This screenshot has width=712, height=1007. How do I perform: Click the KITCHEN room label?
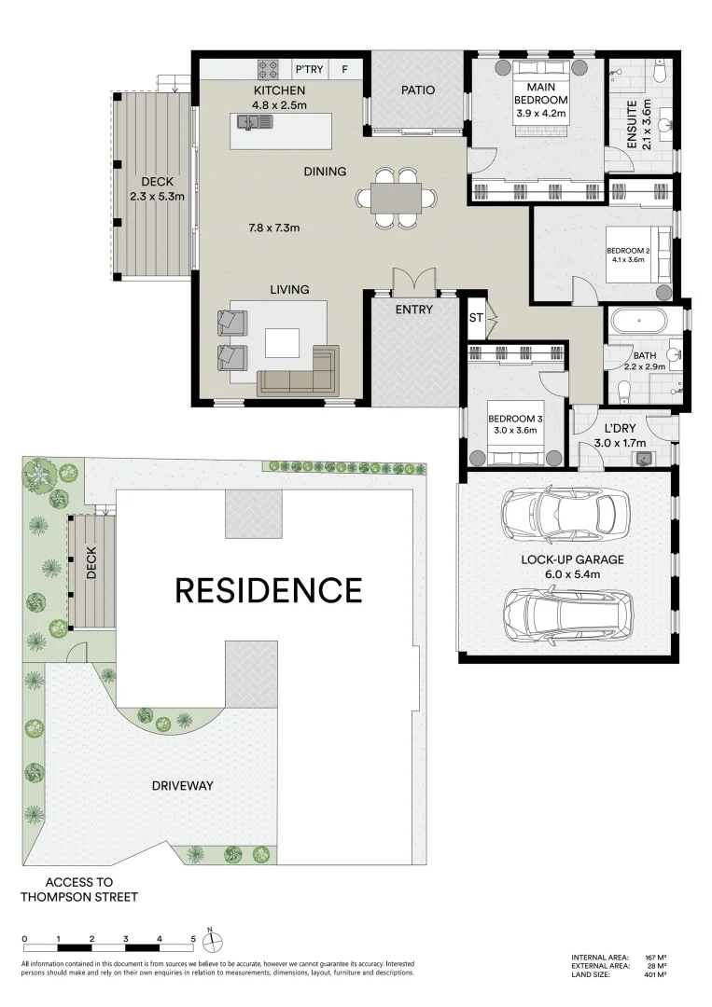[279, 90]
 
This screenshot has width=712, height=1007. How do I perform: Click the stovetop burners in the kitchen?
[269, 68]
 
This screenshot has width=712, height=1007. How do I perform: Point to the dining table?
[396, 198]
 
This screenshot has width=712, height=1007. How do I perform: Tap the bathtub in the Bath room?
[638, 322]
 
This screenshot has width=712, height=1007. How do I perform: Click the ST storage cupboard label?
[475, 318]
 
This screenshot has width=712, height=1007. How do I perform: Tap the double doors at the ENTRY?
[412, 282]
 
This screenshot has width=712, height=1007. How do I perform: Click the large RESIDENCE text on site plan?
[269, 590]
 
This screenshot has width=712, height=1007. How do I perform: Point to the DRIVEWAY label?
[183, 786]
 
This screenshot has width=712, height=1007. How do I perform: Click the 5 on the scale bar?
[193, 940]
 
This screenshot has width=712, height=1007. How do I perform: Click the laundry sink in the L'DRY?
[643, 458]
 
